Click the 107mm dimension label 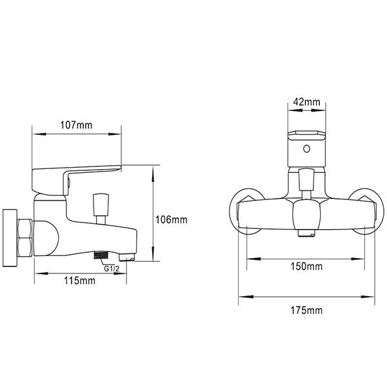click(77, 125)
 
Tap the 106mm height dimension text click(172, 219)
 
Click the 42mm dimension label click(306, 102)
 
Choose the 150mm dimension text click(306, 266)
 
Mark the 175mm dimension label click(306, 310)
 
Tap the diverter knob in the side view click(101, 205)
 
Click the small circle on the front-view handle click(307, 150)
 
